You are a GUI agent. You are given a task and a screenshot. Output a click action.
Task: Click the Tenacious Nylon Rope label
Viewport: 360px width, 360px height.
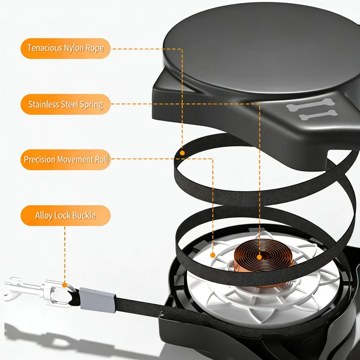click(66, 49)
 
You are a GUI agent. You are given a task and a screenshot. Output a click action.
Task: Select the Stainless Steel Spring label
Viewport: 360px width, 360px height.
click(66, 104)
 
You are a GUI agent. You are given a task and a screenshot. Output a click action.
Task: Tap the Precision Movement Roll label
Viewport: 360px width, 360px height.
click(66, 160)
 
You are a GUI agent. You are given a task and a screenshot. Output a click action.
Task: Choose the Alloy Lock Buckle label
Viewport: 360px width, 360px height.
click(66, 216)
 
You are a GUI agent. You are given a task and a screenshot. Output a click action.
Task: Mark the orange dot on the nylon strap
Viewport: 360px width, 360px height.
click(182, 153)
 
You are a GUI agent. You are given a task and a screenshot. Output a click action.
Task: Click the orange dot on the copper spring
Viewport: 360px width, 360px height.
click(259, 257)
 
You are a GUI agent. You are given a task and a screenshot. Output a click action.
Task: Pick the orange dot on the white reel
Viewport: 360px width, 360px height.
click(213, 255)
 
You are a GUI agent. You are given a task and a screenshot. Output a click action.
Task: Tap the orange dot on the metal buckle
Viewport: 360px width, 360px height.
click(65, 285)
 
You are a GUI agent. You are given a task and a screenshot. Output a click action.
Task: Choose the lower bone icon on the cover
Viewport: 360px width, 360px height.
click(318, 115)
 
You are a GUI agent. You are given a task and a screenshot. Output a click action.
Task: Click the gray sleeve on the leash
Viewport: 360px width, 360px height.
click(98, 300)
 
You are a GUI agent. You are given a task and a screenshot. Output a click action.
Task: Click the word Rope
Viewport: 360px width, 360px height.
click(94, 49)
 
